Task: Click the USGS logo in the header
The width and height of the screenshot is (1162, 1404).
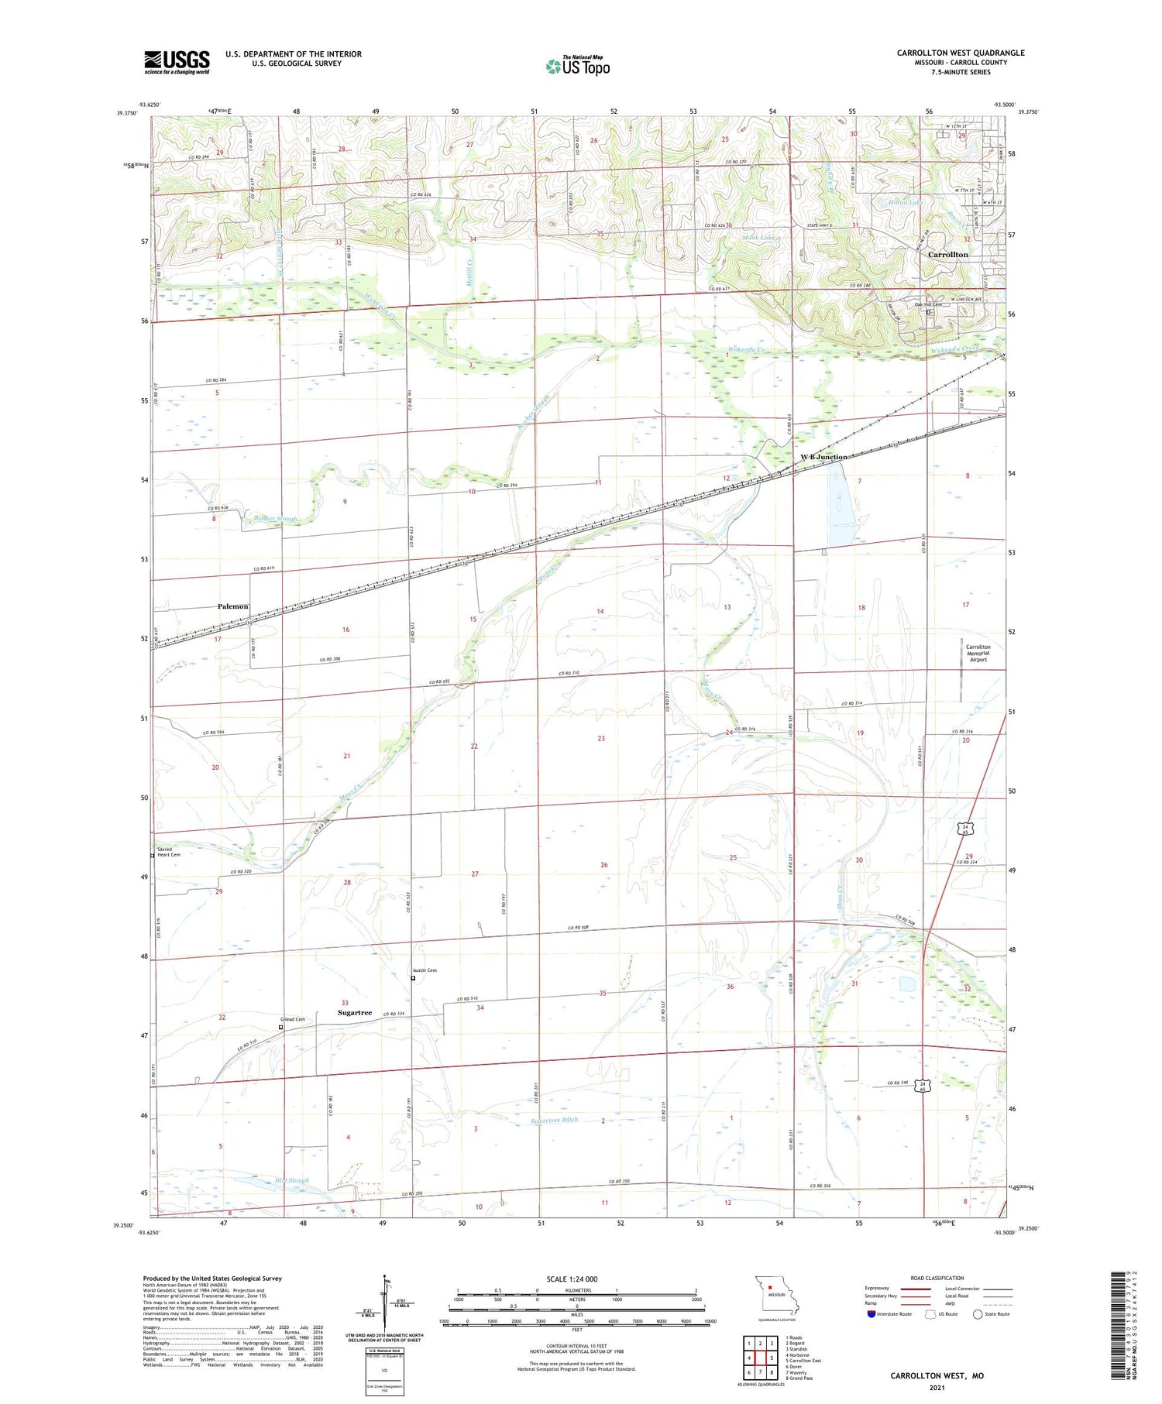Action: point(177,62)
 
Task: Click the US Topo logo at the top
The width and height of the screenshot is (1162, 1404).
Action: point(578,67)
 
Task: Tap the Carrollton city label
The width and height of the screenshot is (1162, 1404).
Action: point(947,255)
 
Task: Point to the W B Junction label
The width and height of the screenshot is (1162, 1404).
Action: point(823,457)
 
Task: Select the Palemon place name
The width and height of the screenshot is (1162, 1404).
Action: point(232,606)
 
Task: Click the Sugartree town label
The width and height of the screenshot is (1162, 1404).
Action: point(355,1013)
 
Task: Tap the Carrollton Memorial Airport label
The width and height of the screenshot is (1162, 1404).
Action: point(978,653)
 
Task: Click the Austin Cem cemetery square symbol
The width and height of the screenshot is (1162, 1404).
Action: point(413,978)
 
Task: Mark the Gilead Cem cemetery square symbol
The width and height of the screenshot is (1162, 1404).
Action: point(281,1028)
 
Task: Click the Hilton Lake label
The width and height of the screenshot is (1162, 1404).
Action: point(906,203)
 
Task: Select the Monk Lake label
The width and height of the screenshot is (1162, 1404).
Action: point(758,238)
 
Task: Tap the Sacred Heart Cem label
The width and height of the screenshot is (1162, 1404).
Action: point(168,852)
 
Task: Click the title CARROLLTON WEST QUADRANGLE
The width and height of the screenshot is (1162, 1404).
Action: point(960,53)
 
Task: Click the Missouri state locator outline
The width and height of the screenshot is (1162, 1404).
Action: point(775,1295)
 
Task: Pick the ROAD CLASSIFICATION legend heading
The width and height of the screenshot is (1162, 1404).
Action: point(937,1279)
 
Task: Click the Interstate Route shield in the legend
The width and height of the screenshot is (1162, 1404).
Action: point(871,1314)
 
